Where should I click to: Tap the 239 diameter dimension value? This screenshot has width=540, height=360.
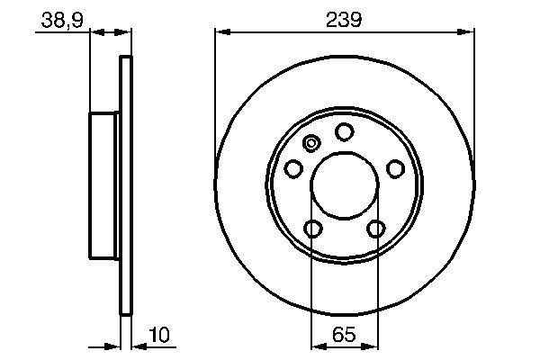[345, 18]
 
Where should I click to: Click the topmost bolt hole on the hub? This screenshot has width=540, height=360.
[344, 132]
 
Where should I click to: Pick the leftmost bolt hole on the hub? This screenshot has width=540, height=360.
[293, 168]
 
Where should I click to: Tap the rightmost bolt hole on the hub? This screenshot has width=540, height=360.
[394, 168]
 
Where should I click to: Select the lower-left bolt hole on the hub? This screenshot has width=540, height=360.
[312, 229]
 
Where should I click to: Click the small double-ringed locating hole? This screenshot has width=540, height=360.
[312, 143]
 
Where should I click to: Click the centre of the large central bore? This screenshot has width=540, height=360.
[345, 187]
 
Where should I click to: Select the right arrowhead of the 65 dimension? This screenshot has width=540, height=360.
[373, 345]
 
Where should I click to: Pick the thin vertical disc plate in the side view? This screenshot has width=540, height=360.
[126, 186]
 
